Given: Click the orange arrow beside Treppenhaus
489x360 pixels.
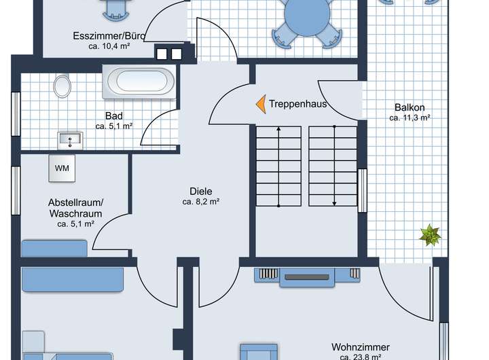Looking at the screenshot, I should (x=260, y=104).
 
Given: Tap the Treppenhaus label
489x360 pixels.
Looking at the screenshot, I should (x=297, y=104).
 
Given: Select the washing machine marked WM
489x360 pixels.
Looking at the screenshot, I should (x=62, y=168).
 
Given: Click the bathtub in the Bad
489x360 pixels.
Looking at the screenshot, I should (x=139, y=82).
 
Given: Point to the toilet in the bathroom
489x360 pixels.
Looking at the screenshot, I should (x=62, y=86).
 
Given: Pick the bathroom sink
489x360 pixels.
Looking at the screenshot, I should (x=69, y=141).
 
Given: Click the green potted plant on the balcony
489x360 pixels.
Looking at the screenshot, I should (x=430, y=236).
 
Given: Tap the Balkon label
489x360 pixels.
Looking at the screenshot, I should (x=410, y=107).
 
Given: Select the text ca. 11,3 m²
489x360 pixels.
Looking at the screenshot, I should (x=410, y=118).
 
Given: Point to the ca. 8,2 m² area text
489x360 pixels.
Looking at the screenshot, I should (x=200, y=202).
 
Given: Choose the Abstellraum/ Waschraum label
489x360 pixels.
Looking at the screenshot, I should (x=75, y=208).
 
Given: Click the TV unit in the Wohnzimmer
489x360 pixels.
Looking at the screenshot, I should (x=308, y=275).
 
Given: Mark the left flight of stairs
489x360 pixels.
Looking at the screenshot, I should (x=278, y=167).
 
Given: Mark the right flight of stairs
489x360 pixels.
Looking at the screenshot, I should (x=333, y=167).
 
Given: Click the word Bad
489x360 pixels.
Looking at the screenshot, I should (x=113, y=115).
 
